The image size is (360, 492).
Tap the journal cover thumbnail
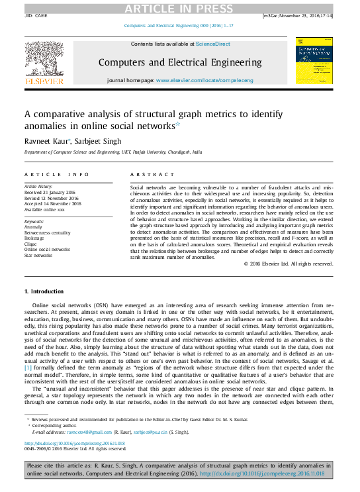pyautogui.click(x=314, y=60)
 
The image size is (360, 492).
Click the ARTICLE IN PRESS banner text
pyautogui.click(x=179, y=8)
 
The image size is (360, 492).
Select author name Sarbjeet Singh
pyautogui.click(x=94, y=140)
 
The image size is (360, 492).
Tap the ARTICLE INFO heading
pyautogui.click(x=56, y=174)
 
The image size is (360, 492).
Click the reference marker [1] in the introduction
pyautogui.click(x=28, y=366)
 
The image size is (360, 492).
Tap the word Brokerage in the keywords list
pyautogui.click(x=37, y=238)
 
